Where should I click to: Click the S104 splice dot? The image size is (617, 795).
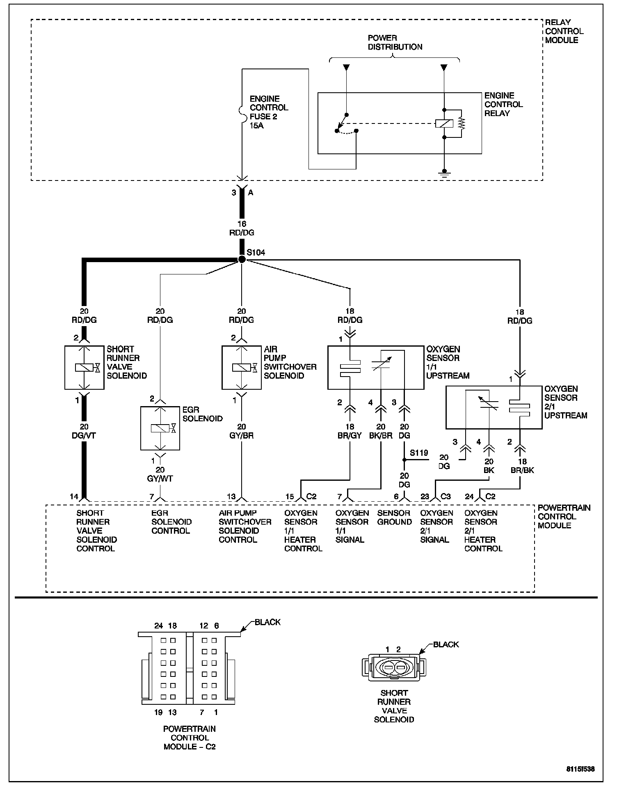(x=242, y=259)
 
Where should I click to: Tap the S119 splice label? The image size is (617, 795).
(x=419, y=453)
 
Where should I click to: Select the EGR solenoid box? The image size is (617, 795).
(x=160, y=428)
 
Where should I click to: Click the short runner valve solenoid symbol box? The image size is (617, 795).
(x=84, y=368)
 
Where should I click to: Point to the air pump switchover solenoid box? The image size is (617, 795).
(x=242, y=368)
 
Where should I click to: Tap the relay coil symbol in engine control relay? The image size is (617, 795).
(x=444, y=123)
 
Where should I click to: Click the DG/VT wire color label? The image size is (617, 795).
(x=84, y=436)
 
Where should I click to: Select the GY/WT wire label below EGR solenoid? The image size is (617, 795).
(x=160, y=479)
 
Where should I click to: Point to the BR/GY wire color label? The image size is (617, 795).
(x=350, y=436)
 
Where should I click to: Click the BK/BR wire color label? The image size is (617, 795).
(x=381, y=436)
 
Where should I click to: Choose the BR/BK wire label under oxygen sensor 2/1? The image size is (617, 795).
(x=522, y=471)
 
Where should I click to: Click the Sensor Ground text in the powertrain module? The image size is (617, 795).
(x=394, y=518)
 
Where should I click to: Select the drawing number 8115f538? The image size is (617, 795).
(x=580, y=769)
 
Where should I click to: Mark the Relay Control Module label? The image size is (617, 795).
(x=564, y=31)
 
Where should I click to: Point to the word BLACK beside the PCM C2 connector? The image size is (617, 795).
(x=267, y=622)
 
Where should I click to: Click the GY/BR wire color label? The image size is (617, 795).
(x=242, y=436)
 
